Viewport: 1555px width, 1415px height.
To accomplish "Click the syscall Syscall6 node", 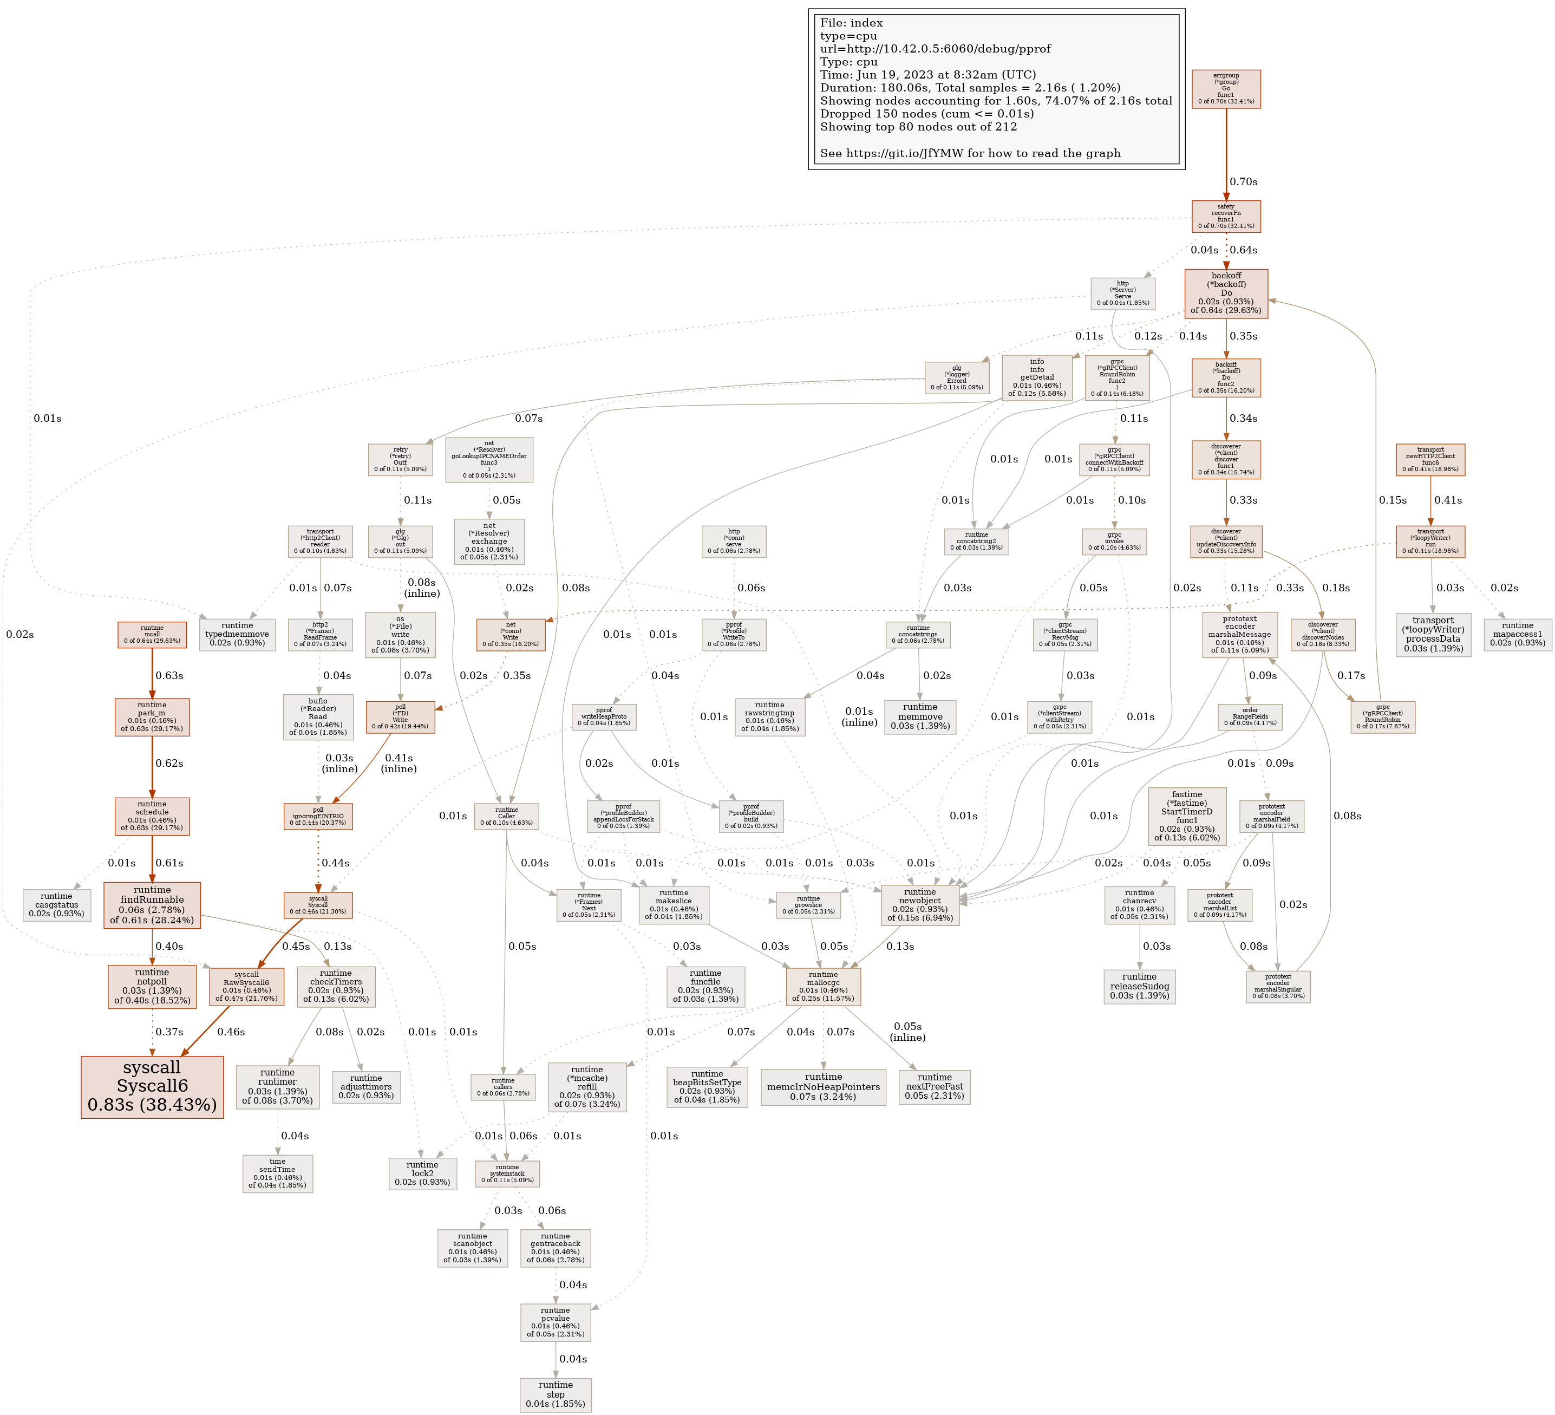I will [x=152, y=1086].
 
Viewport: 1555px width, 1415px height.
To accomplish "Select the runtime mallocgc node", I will [x=823, y=986].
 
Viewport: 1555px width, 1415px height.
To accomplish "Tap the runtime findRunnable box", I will [x=152, y=904].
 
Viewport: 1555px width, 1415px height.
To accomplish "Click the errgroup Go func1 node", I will [x=1226, y=89].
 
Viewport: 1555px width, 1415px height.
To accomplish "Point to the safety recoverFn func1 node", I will [x=1226, y=216].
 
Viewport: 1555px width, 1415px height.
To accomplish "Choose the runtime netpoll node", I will [x=152, y=986].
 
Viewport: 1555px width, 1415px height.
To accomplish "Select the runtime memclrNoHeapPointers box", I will [x=823, y=1086].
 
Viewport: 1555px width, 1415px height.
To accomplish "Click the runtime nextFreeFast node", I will [x=934, y=1086].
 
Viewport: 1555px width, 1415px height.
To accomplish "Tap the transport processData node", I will [x=1432, y=634].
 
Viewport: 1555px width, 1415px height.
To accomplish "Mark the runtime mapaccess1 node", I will [x=1517, y=634].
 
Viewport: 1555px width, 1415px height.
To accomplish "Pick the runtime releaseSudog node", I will [x=1139, y=986].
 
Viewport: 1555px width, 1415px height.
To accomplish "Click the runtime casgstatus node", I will [x=56, y=904].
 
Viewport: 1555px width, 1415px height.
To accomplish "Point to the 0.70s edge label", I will [x=1243, y=181].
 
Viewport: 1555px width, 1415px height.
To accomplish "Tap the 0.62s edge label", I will [x=169, y=763].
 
